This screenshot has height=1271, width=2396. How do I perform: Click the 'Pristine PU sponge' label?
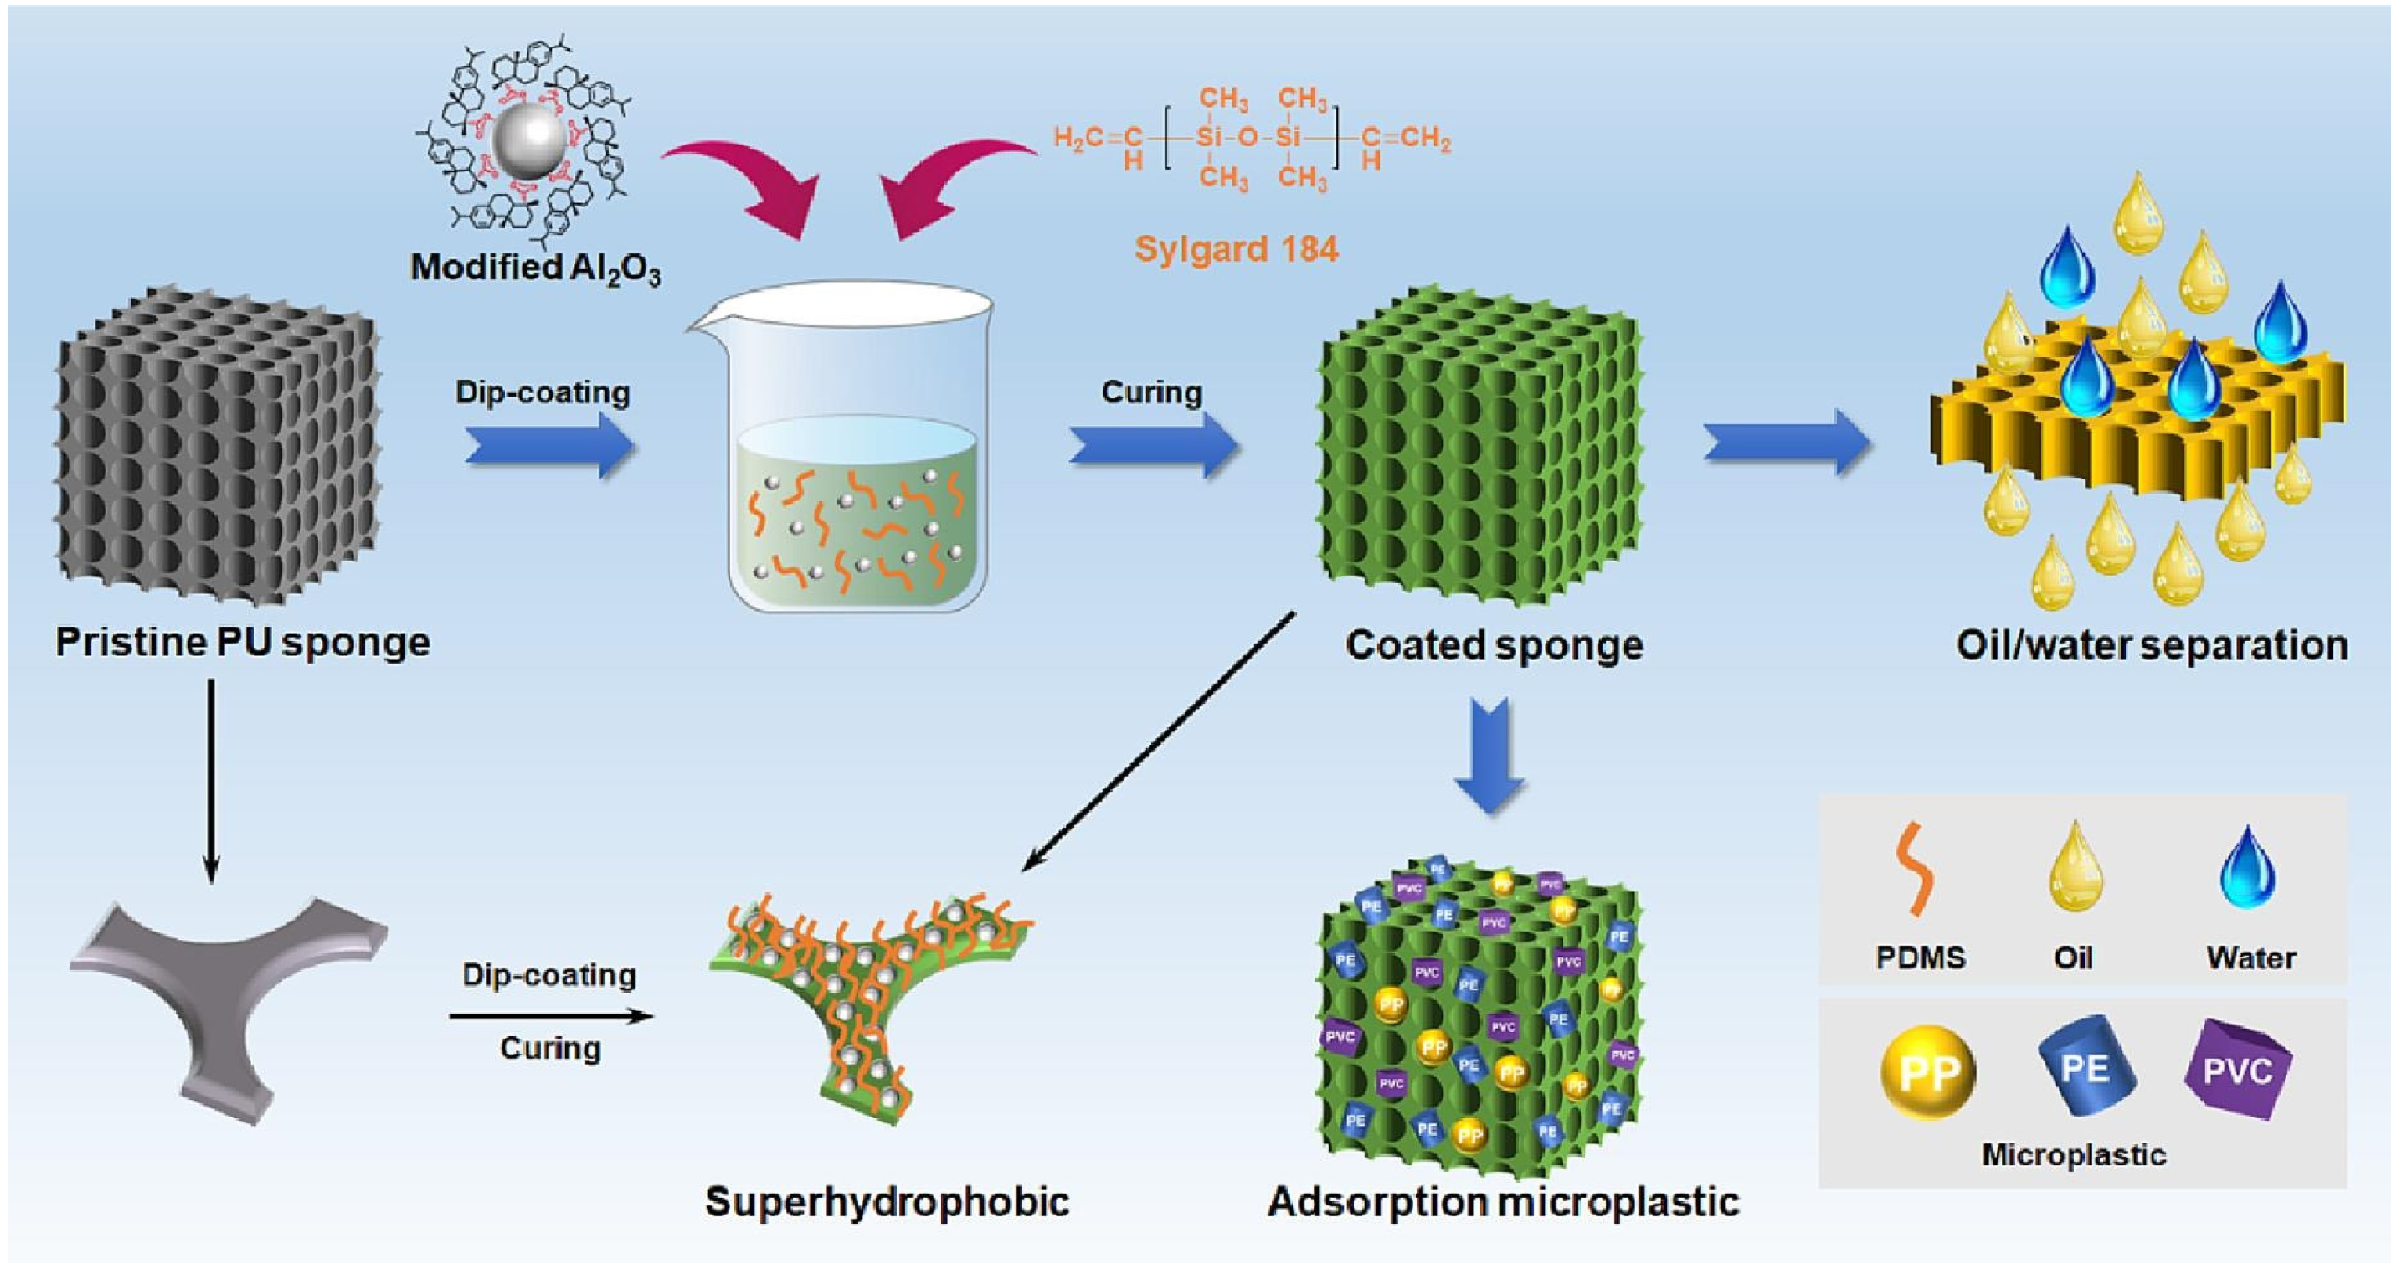[243, 642]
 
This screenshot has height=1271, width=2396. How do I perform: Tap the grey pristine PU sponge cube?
[218, 447]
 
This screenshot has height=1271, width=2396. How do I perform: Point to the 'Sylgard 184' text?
[1236, 250]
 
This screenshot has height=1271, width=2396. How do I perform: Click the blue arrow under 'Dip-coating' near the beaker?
[549, 447]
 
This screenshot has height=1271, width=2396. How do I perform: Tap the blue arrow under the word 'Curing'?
[1153, 447]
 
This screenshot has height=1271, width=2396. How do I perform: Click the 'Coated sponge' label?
[1494, 644]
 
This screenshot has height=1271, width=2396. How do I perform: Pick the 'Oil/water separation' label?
[2151, 644]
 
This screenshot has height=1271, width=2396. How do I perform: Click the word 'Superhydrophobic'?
[887, 1201]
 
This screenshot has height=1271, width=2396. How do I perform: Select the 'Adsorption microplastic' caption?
[1503, 1201]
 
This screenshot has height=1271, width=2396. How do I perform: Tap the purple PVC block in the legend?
[2237, 1069]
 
